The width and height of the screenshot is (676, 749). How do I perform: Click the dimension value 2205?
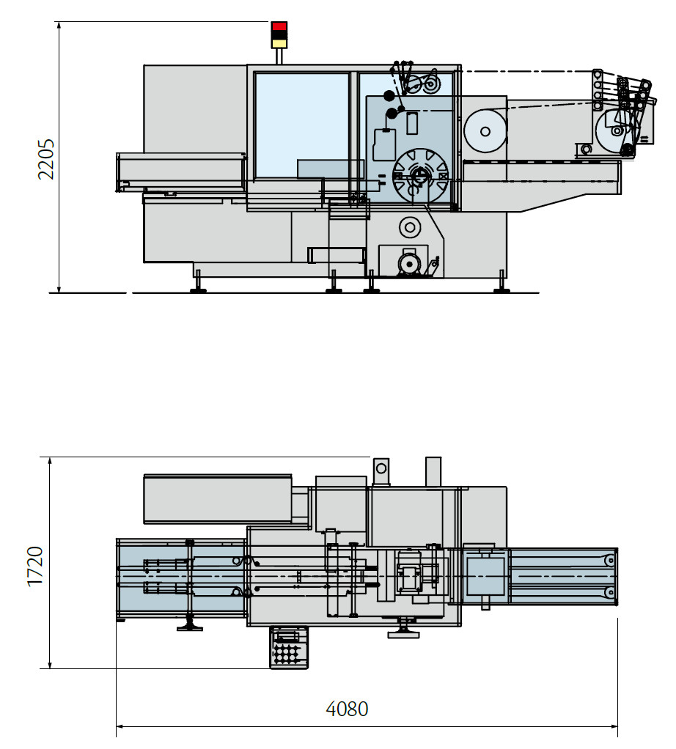tap(45, 159)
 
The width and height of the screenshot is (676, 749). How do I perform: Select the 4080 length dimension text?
tap(347, 709)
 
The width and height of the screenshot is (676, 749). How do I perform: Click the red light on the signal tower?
tap(279, 26)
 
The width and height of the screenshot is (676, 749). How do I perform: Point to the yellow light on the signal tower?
tap(279, 43)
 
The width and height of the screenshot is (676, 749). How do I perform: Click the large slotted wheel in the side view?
tap(420, 176)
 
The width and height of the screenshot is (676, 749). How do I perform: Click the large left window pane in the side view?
tap(301, 125)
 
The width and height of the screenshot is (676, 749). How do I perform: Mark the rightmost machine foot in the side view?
tap(502, 289)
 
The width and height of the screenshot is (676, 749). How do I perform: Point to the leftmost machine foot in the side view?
tap(198, 289)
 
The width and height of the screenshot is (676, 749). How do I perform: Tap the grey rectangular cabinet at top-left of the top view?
tap(218, 498)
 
